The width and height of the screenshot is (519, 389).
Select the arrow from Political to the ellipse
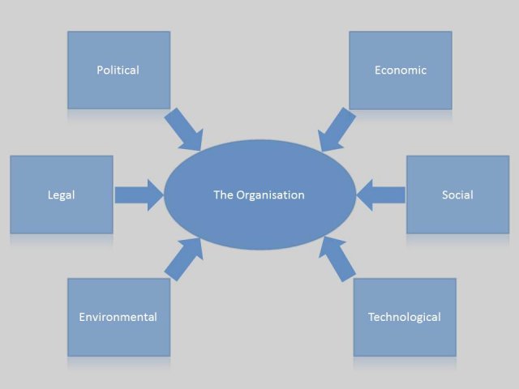tap(183, 130)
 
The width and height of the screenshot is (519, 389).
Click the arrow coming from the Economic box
tap(337, 130)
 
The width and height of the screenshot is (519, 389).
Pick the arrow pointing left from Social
tap(380, 194)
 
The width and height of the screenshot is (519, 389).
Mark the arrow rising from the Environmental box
tap(183, 259)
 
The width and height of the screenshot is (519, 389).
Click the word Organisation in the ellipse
tap(270, 195)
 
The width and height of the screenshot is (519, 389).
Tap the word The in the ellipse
tap(223, 195)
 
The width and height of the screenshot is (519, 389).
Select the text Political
tap(118, 70)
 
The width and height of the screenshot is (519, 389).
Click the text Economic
tap(400, 70)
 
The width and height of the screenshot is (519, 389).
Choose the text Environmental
tap(118, 317)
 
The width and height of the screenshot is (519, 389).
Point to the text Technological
tap(405, 317)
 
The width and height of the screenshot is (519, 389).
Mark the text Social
tap(457, 195)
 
